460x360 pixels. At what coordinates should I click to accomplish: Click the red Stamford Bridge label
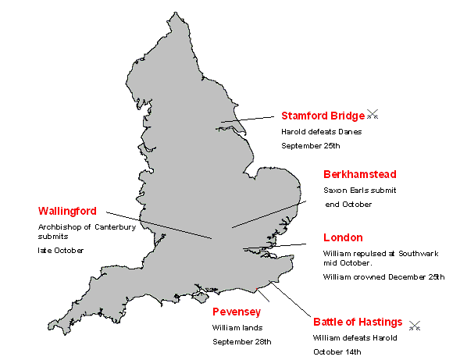point(323,116)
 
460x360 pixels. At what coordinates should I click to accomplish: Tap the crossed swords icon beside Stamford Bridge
point(373,115)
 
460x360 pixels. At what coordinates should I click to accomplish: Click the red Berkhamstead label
point(359,174)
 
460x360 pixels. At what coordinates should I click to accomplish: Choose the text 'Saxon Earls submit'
point(360,190)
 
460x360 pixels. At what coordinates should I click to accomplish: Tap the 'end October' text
point(348,204)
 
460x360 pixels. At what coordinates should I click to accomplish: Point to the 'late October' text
point(61,250)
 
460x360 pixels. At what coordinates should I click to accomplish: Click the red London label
point(343,237)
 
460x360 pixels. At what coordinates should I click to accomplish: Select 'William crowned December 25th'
point(383,276)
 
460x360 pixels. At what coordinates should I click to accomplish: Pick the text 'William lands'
point(237,328)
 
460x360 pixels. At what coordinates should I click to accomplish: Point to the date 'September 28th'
point(241,342)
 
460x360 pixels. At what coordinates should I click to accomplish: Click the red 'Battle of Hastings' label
point(358,322)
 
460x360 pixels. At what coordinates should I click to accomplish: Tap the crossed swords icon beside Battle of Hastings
point(415,325)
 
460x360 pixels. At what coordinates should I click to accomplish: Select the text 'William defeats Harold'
point(355,337)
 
